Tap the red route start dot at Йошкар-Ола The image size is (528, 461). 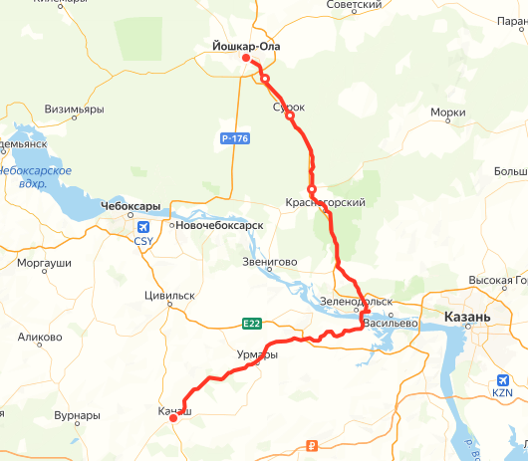click(246, 59)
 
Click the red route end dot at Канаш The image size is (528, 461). click(173, 418)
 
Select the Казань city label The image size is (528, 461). click(463, 317)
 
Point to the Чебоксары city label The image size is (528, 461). click(131, 206)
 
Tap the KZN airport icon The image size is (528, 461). click(502, 380)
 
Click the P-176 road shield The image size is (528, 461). click(235, 138)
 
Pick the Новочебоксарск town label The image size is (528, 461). click(220, 226)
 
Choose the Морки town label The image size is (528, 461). click(447, 114)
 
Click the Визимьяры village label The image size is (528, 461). click(75, 110)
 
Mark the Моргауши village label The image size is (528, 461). click(45, 263)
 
